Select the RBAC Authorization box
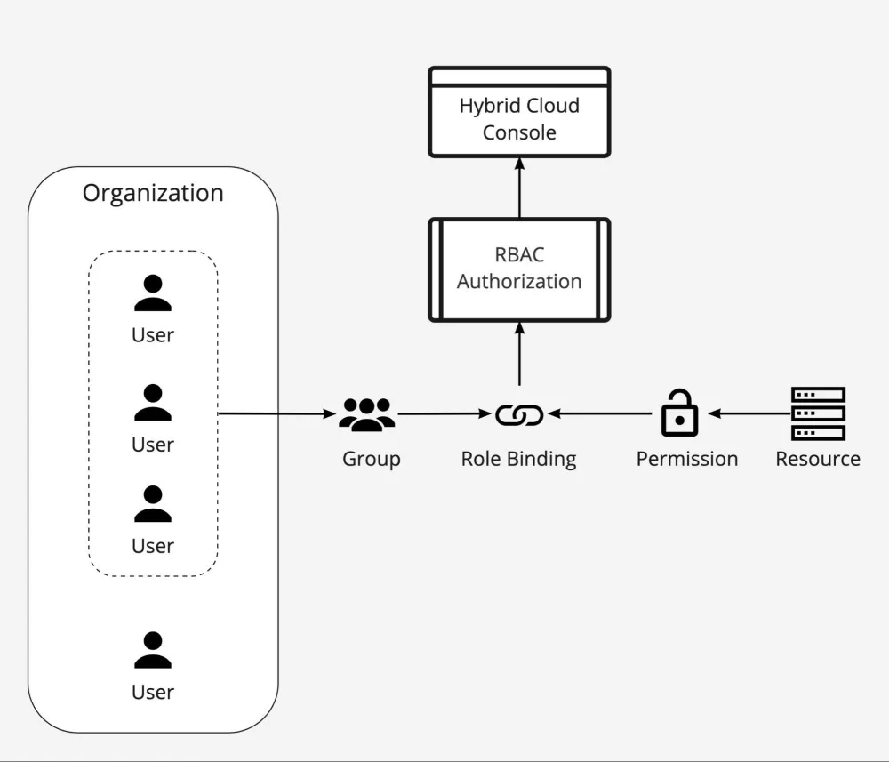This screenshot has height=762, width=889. pos(519,269)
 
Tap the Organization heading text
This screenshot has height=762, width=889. pos(153,193)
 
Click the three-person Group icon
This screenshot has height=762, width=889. pos(366,414)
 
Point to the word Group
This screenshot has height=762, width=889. pos(372,460)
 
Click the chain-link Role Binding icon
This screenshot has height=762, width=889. pos(519,414)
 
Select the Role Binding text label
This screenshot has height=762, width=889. pos(518,460)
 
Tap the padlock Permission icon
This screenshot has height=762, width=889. pos(679,413)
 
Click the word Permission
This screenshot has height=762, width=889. pos(686,460)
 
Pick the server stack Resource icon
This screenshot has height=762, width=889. pos(818,413)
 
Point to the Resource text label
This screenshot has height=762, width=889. pos(818,460)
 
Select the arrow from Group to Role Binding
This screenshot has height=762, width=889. pos(444,413)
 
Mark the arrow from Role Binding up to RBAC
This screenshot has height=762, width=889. pos(519,356)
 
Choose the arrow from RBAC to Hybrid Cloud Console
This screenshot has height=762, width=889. pos(519,188)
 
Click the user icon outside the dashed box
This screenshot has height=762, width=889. pos(153,650)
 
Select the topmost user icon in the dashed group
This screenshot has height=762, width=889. pos(153,293)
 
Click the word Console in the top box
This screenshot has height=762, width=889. pos(519,132)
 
